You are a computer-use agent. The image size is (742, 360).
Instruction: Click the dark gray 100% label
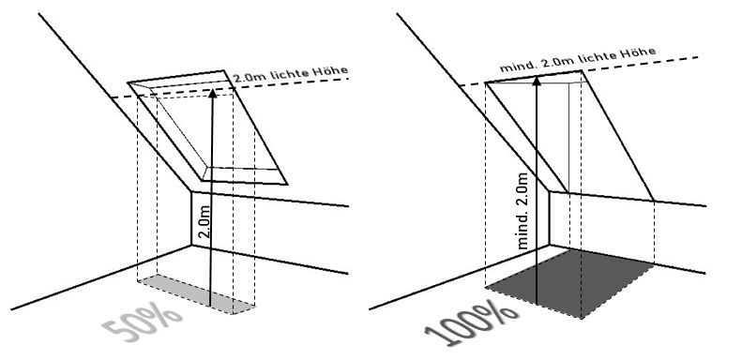pos(471,326)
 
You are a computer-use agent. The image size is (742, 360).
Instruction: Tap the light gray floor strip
pos(196,293)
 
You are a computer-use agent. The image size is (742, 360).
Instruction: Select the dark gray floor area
pos(570,284)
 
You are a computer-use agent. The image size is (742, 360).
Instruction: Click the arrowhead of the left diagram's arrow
pos(213,93)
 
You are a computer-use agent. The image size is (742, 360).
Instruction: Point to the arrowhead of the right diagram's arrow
pos(537,81)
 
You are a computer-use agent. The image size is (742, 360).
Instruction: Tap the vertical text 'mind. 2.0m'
pos(522,211)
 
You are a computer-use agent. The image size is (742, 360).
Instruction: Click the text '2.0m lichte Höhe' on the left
pos(291,74)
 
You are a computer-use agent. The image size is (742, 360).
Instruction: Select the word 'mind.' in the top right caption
pos(517,66)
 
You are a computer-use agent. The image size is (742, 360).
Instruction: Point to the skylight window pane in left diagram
pos(204,130)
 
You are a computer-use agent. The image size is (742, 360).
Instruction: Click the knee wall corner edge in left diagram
pos(191,218)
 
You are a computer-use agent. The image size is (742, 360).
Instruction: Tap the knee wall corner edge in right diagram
pos(549,218)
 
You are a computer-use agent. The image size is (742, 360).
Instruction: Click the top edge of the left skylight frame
pos(175,77)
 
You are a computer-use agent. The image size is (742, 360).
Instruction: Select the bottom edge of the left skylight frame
pos(245,182)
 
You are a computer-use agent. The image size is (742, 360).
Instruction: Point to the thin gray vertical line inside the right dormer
pos(568,137)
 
